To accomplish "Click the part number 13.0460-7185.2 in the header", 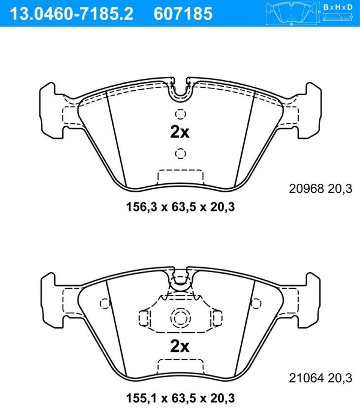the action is [x=71, y=14].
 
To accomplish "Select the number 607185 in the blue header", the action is [x=183, y=14].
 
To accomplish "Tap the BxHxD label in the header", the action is [x=338, y=7].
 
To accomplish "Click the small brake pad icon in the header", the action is [x=293, y=13].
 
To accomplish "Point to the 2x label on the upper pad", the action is [x=180, y=132].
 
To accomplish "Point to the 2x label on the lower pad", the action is [x=180, y=346].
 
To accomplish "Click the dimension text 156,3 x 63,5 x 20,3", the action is [x=180, y=207].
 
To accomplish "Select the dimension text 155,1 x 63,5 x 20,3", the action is [x=180, y=398].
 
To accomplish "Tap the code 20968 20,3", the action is [x=320, y=189].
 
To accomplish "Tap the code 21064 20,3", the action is [x=320, y=378].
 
